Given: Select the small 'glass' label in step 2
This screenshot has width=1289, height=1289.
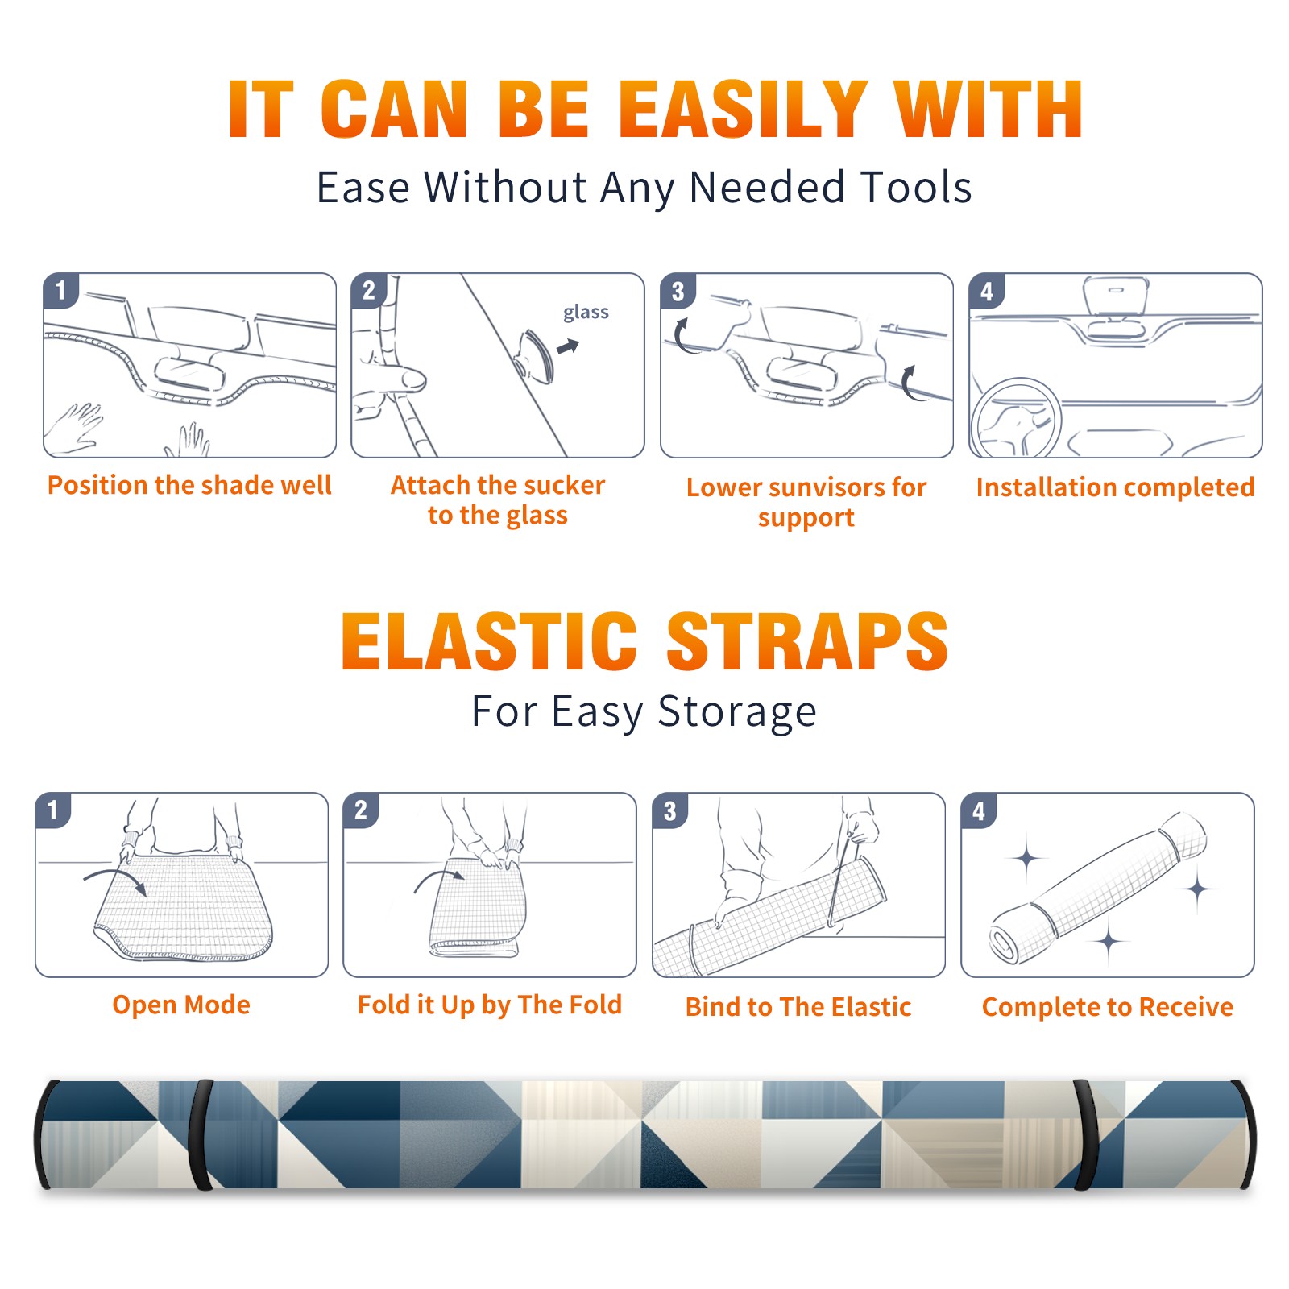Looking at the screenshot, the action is (586, 313).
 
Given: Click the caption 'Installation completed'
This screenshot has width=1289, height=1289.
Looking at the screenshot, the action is (1115, 487).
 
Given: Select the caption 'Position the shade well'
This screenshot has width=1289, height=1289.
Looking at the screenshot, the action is (189, 485).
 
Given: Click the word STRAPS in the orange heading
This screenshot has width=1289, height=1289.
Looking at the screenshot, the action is (807, 641).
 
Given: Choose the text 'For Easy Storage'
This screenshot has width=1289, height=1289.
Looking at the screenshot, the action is (644, 712).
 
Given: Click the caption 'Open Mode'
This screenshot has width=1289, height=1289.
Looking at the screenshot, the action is (181, 1005).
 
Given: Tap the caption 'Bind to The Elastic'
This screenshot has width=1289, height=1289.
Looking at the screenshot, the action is (798, 1007).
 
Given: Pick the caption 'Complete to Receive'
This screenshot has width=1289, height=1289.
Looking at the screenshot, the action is (1108, 1007).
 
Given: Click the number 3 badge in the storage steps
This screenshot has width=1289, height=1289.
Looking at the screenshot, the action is (670, 810).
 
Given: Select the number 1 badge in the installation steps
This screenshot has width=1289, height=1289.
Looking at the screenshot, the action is (60, 290).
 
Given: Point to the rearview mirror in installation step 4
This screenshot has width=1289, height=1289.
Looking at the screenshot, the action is (1116, 296).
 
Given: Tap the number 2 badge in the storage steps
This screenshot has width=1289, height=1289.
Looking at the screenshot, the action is (361, 810).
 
